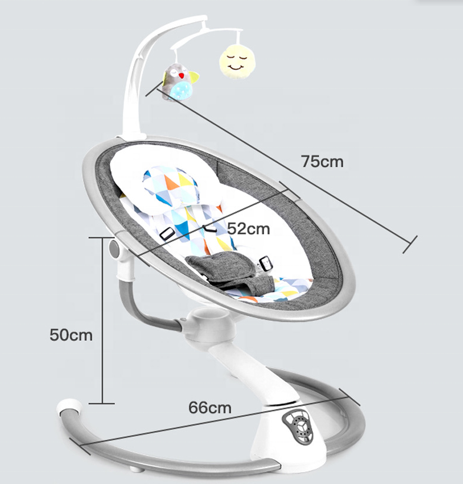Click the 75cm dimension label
(x=322, y=161)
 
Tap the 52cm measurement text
(x=249, y=228)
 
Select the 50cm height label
(x=71, y=335)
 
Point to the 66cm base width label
(x=210, y=407)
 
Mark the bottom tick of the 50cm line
(x=102, y=403)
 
